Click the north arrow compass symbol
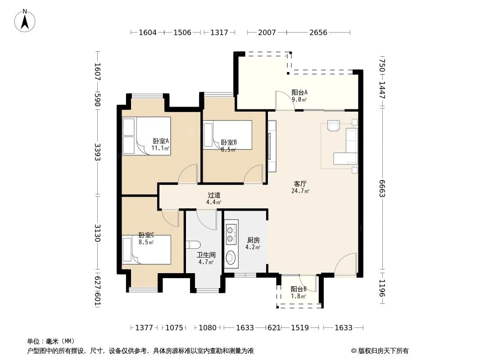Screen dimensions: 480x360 pos(25,21)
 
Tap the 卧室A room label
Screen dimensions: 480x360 pos(161,141)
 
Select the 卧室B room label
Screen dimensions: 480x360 pos(229,143)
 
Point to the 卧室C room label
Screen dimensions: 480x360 pos(146,235)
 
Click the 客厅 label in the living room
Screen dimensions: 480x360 pos(300,184)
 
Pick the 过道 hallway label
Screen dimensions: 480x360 pos(214,195)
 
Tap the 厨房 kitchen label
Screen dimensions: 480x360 pos(253,240)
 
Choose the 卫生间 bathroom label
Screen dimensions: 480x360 pos(206,255)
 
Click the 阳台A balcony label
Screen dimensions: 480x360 pos(299,92)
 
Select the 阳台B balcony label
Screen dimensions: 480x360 pos(299,289)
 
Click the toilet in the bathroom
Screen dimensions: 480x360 pos(193,245)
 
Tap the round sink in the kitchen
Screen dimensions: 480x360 pos(231,257)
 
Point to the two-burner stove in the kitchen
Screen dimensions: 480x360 pos(231,234)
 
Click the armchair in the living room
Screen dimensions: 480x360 pos(334,126)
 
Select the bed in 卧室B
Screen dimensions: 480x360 pos(227,135)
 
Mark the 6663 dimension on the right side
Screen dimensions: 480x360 pos(382,189)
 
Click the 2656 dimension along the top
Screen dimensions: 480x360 pos(318,32)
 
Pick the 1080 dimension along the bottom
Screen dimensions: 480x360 pos(208,328)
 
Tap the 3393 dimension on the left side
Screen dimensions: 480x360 pos(97,152)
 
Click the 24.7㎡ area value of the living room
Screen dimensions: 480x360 pos(300,191)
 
